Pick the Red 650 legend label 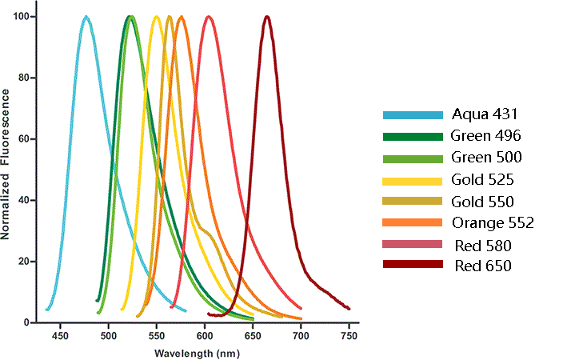pos(483,266)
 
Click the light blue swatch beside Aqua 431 pos(413,115)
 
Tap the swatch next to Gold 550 pos(413,202)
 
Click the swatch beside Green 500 pos(413,158)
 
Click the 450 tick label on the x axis pos(60,338)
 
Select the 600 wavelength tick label pos(205,338)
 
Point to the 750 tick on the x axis pos(349,338)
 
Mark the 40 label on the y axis pos(25,200)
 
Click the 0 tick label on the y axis pos(28,322)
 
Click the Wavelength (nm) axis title pos(195,353)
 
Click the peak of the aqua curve pos(86,17)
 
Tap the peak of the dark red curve pos(267,17)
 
